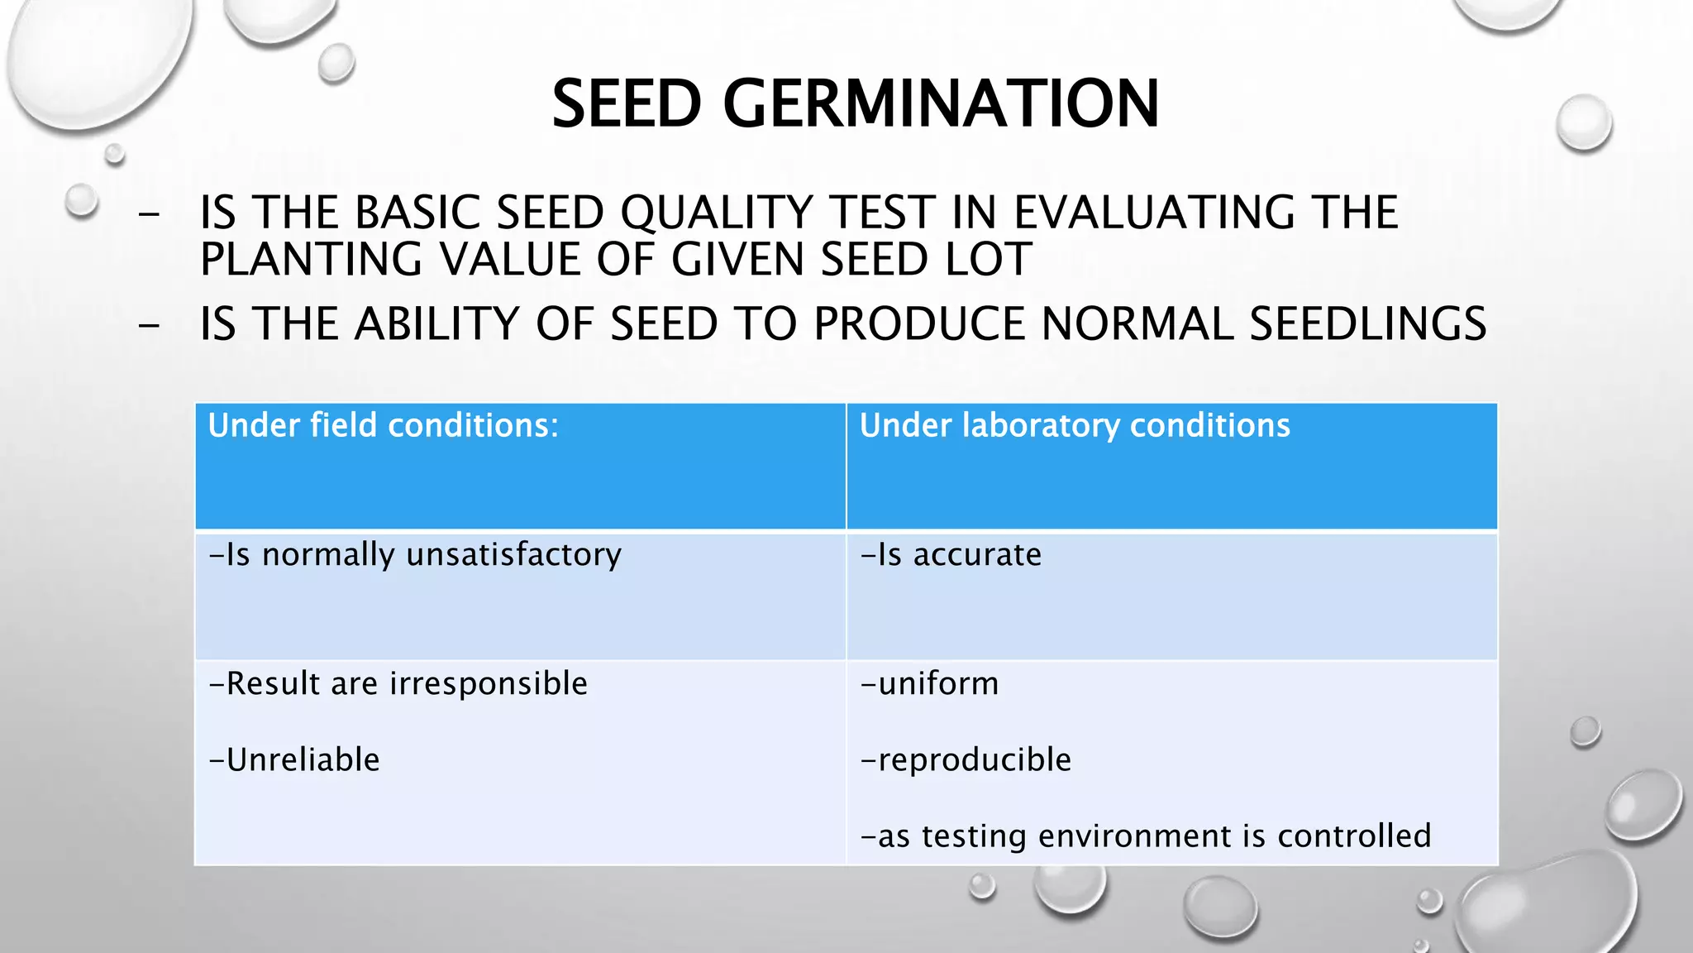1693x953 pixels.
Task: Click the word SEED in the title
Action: [627, 104]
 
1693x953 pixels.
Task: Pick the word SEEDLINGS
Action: [1367, 323]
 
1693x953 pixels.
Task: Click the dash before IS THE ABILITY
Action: [150, 325]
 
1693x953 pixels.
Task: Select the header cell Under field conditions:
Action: [383, 425]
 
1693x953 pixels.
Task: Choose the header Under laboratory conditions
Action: [1075, 425]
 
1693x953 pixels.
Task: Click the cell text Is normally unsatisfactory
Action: [416, 554]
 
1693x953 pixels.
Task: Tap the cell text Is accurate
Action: [951, 554]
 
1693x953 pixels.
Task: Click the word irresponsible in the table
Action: [489, 683]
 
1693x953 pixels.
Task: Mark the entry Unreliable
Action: [295, 759]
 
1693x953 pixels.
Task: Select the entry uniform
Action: [931, 683]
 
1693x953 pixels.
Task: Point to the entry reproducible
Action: [966, 759]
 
